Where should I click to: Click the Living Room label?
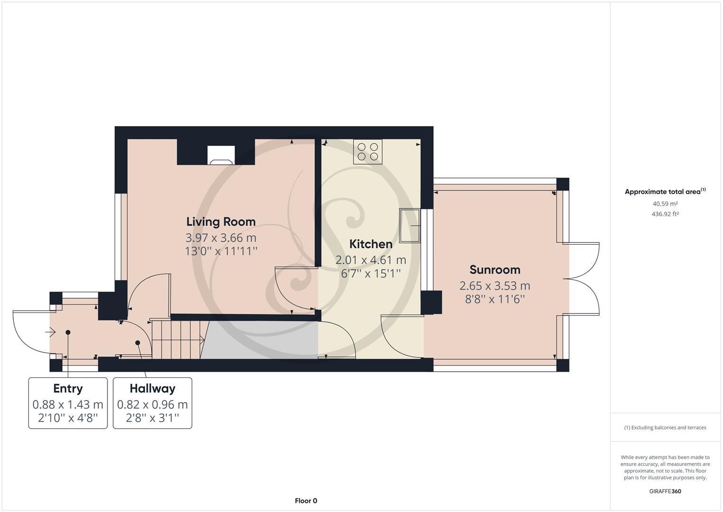pos(221,221)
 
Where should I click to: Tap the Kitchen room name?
pos(371,244)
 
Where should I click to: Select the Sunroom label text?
pos(495,270)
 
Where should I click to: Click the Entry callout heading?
pos(68,388)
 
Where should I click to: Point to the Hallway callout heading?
pos(152,388)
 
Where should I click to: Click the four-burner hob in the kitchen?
pos(368,152)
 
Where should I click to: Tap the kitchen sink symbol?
pos(410,225)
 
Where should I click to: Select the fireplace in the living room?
pos(221,155)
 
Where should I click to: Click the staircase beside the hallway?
pos(178,339)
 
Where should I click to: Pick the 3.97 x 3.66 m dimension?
pos(221,238)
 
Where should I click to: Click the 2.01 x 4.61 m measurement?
pos(371,260)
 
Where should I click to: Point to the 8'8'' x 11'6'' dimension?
pos(495,299)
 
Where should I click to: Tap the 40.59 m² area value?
pos(665,204)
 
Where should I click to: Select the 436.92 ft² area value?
pos(665,214)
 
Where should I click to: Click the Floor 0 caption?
pos(306,501)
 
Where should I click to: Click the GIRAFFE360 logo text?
pos(665,491)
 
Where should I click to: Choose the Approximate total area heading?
pos(665,192)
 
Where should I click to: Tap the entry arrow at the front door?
pos(50,332)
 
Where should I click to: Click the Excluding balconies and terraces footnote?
pos(665,428)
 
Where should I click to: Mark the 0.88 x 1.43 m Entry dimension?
pos(68,404)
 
